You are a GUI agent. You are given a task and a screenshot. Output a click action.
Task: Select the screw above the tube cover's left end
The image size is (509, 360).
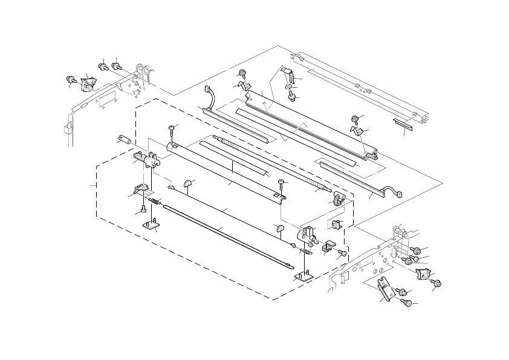click(x=172, y=127)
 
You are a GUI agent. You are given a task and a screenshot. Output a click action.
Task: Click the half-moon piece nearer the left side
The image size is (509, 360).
click(x=187, y=181)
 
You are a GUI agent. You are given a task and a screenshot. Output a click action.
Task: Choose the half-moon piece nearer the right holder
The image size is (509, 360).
click(x=279, y=227)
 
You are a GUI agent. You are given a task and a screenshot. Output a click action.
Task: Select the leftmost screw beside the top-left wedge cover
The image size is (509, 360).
click(x=70, y=79)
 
